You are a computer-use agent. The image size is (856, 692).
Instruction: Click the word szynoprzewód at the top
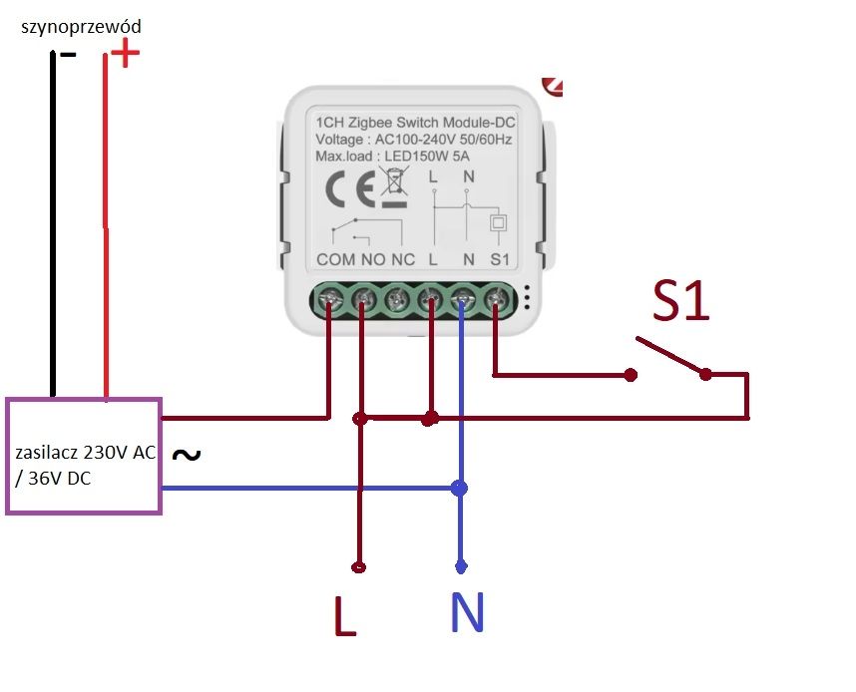(x=81, y=27)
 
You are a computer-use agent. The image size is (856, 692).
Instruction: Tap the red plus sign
(x=126, y=53)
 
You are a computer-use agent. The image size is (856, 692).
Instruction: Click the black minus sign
(x=68, y=54)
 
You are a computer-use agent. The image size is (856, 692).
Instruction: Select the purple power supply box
(x=84, y=456)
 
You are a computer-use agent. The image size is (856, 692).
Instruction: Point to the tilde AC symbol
(x=187, y=454)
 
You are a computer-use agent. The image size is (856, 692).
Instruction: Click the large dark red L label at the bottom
(x=344, y=615)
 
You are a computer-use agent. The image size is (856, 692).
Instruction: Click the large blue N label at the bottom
(x=467, y=611)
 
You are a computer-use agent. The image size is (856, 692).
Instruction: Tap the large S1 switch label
(x=680, y=301)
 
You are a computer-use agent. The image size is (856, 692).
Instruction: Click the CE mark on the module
(x=350, y=188)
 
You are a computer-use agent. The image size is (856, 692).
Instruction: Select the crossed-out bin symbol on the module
(x=394, y=186)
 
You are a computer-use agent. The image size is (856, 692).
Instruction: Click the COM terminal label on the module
(x=336, y=259)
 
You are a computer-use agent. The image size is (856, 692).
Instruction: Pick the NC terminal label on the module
(x=403, y=259)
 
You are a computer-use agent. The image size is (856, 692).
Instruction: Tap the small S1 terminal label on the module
(x=500, y=259)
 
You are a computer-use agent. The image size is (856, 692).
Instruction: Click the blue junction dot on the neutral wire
(x=460, y=488)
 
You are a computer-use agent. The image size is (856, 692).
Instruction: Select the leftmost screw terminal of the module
(x=331, y=299)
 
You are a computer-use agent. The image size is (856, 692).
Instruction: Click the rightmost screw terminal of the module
(x=496, y=299)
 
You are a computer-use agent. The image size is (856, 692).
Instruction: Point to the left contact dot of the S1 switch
(x=631, y=375)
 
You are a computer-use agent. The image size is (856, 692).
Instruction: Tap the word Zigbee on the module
(x=370, y=123)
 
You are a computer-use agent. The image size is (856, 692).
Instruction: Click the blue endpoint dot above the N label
(x=461, y=567)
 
